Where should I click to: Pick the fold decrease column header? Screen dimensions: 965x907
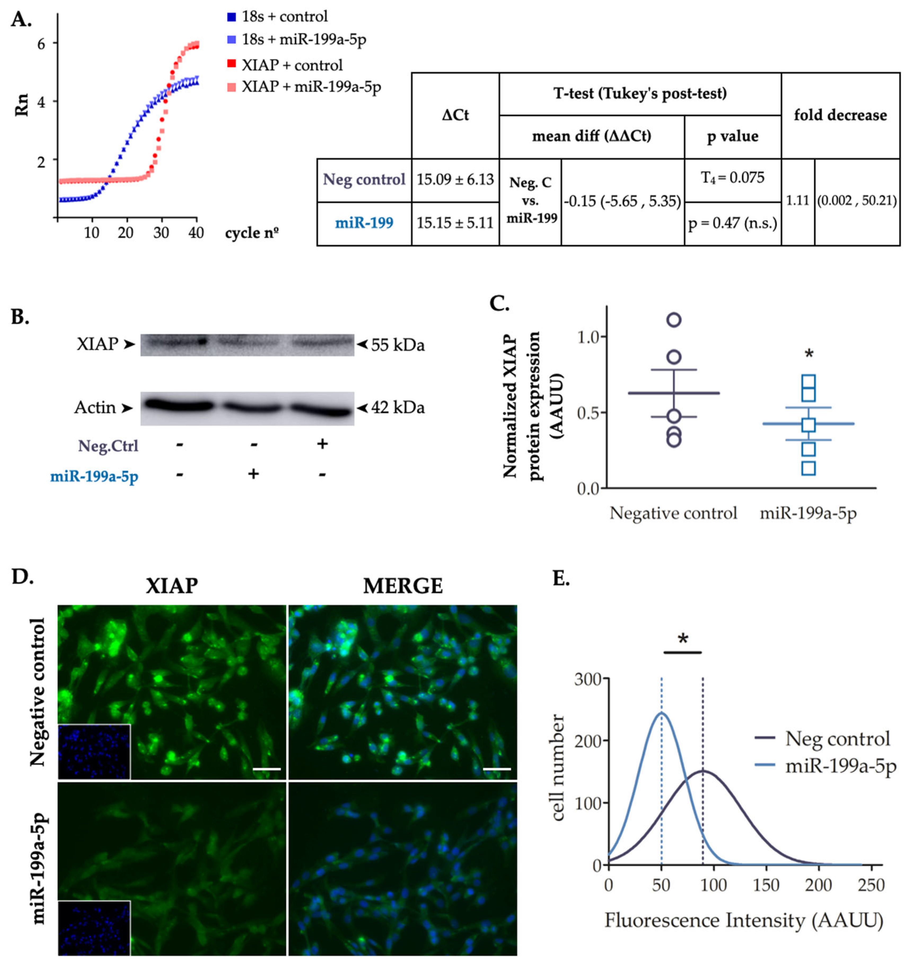click(x=840, y=115)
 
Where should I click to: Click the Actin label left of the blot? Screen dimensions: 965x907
click(x=95, y=407)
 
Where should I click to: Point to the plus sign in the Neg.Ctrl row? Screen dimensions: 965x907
click(x=322, y=444)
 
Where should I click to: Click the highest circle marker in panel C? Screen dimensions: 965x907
click(x=674, y=319)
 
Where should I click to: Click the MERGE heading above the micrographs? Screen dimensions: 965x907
click(x=403, y=586)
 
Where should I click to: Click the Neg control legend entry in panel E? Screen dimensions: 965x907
click(x=837, y=738)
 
